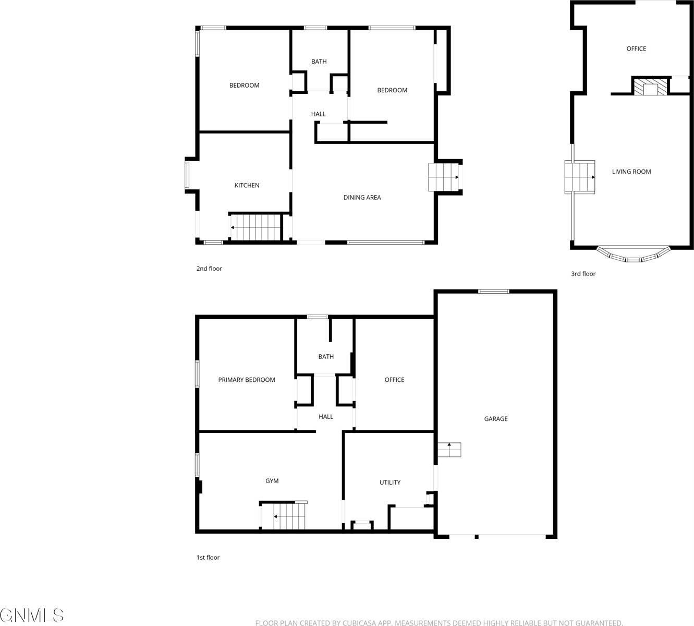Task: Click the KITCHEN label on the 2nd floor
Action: click(247, 185)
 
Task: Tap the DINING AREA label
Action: click(362, 197)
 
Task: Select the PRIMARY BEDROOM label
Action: click(247, 380)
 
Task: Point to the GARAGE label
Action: click(495, 419)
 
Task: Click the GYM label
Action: click(272, 481)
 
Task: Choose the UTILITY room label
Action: click(389, 483)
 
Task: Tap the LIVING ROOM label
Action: click(631, 172)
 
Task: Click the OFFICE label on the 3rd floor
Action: click(636, 49)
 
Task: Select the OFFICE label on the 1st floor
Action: click(394, 380)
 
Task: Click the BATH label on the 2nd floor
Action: click(319, 62)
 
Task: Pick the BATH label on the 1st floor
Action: click(326, 357)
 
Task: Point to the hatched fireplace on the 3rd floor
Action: click(650, 87)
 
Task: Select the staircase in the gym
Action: click(284, 516)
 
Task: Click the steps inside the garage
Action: click(449, 449)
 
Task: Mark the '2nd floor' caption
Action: click(209, 269)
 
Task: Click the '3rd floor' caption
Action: click(583, 274)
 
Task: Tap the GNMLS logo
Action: click(32, 615)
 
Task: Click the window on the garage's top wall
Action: click(494, 292)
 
